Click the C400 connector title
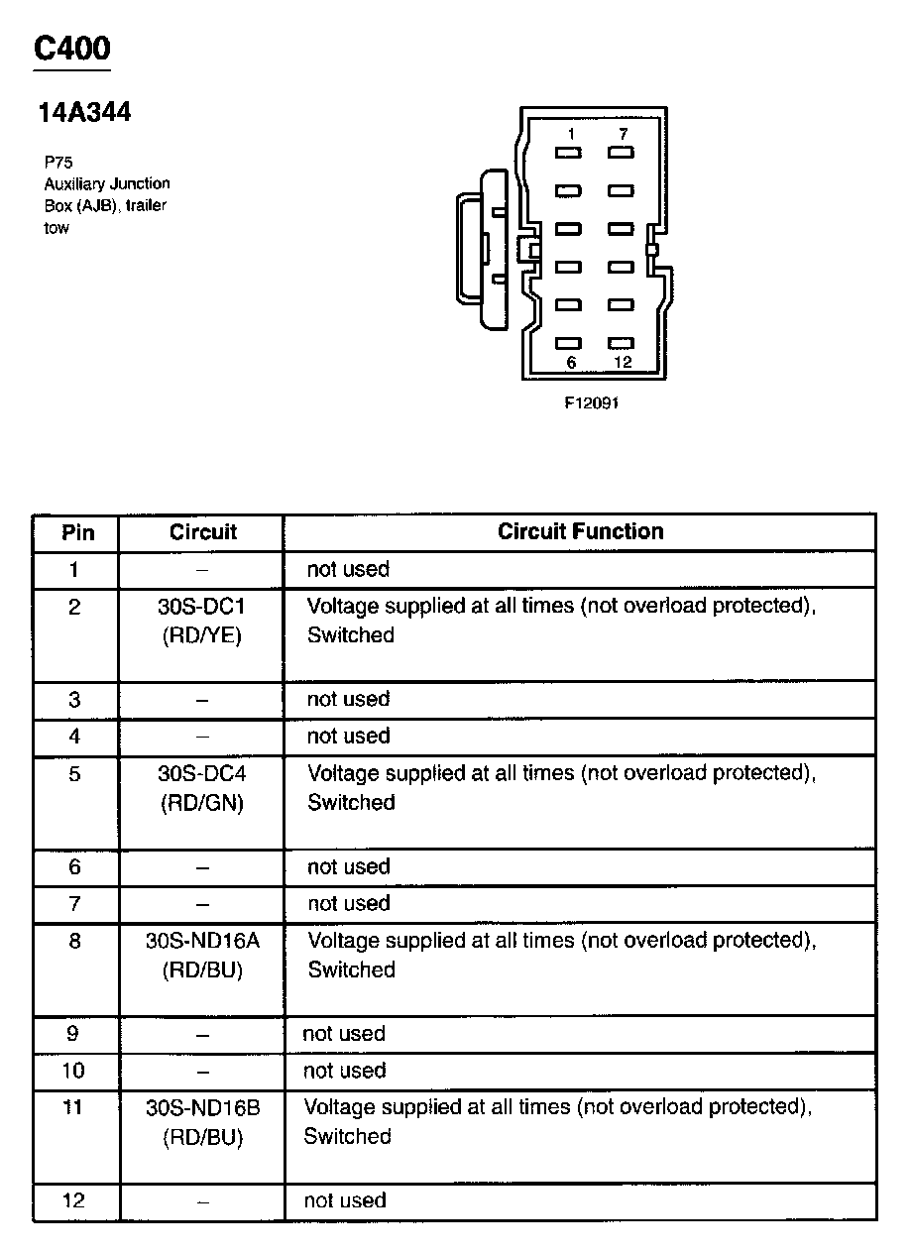(x=72, y=48)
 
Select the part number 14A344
(x=84, y=113)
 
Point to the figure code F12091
(x=592, y=402)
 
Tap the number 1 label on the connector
(x=571, y=133)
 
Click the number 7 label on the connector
(x=623, y=133)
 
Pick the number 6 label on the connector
(x=571, y=362)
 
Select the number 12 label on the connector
(x=623, y=362)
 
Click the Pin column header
(x=77, y=532)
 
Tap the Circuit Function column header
(x=580, y=531)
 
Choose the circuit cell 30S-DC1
(x=201, y=607)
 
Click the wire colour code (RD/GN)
(x=201, y=804)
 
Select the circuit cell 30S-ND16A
(x=201, y=940)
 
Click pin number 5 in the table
(x=75, y=773)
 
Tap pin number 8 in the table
(x=75, y=940)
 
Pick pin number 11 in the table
(x=73, y=1106)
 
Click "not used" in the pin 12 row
(x=344, y=1200)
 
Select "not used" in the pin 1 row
(x=348, y=569)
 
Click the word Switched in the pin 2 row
(x=350, y=634)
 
